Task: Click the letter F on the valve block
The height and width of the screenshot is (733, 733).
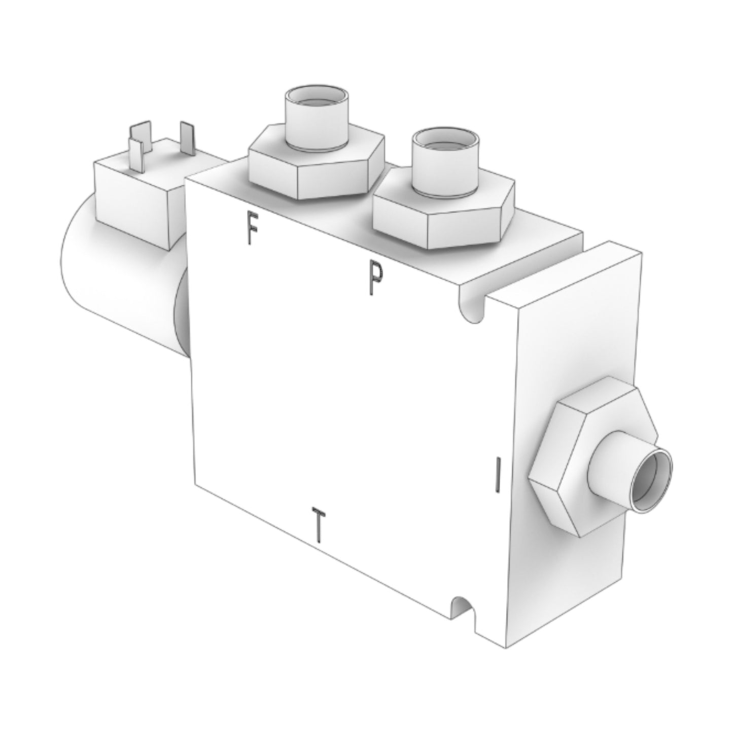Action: point(250,228)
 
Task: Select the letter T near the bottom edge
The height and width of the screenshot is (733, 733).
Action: point(318,525)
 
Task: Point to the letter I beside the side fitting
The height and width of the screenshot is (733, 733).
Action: point(499,475)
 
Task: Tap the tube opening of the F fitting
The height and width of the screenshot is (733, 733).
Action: point(315,98)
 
